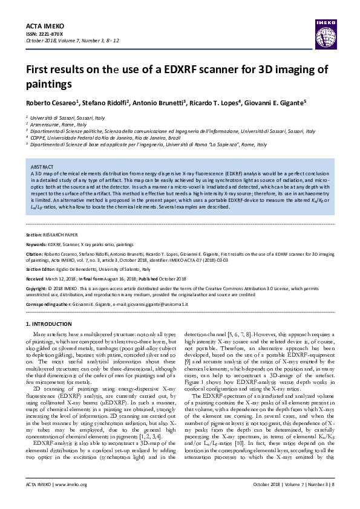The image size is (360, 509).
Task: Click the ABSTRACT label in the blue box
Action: [x=42, y=166]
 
